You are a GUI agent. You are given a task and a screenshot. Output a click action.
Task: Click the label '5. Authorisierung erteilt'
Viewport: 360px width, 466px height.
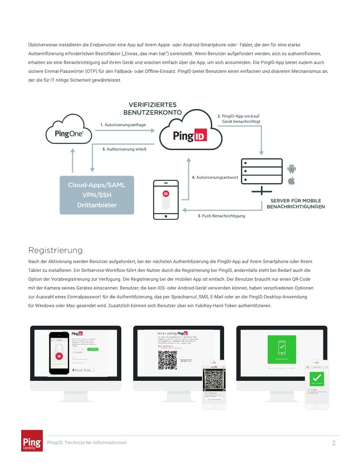[124, 149]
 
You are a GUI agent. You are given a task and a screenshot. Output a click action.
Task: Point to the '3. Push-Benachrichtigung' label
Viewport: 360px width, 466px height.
[221, 216]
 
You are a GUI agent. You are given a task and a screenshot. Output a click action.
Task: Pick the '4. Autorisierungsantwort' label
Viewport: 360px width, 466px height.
[215, 177]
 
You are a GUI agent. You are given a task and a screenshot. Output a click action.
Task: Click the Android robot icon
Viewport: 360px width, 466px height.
[291, 168]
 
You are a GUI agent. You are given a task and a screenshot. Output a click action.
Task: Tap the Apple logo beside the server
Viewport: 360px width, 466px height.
[291, 181]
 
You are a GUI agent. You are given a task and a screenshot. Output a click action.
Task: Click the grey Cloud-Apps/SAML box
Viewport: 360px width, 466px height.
[97, 195]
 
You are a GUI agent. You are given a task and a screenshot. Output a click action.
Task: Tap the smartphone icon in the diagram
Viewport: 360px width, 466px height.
[166, 199]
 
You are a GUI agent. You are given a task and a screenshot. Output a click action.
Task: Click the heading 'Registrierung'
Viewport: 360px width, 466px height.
[55, 250]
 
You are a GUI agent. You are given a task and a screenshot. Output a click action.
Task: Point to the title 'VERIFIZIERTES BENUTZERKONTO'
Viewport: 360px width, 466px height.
[153, 109]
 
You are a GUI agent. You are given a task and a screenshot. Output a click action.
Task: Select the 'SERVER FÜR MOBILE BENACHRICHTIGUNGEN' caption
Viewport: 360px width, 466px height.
[296, 203]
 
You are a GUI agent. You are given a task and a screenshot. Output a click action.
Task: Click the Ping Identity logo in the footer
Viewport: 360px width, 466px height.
[32, 440]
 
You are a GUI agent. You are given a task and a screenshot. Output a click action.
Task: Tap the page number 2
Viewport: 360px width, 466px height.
[334, 443]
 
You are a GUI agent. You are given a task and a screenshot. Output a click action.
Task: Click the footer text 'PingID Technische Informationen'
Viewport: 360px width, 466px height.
[87, 442]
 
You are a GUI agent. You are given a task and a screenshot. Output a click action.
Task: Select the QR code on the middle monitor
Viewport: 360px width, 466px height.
[167, 360]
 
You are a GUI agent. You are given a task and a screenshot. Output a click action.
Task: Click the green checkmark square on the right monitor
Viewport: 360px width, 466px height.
[282, 349]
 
